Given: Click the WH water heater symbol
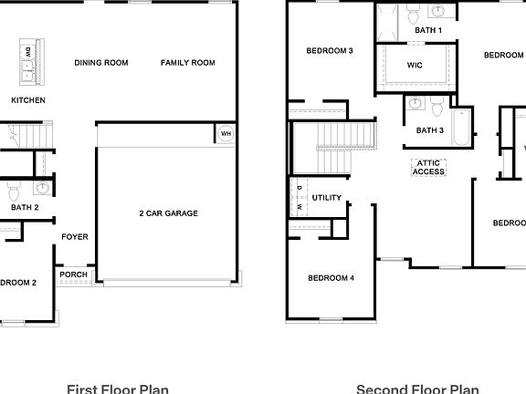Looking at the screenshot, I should pos(225,134).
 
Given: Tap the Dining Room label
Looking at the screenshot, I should pos(101,63).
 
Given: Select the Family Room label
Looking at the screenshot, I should pos(187,63).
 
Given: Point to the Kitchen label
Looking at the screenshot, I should pos(27,100).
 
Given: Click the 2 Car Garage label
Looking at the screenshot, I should pos(168,213).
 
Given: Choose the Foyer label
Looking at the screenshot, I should pos(75,237).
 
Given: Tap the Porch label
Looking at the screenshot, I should pos(74,275).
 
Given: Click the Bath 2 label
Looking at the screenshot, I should pos(25,208).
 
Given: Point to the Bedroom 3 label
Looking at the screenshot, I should pos(330,51).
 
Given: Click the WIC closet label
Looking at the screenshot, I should pos(414,65).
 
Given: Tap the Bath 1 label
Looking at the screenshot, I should pos(428,30).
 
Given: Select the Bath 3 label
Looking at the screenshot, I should pos(429,130).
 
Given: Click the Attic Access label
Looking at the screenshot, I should pos(428,167).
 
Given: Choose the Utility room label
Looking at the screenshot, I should pos(327,197).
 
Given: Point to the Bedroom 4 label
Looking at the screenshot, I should pos(331,278).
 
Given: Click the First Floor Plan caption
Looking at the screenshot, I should pos(117,389).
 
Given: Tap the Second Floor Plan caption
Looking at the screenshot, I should pos(416,389).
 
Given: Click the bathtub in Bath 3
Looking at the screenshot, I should pos(460,129).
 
